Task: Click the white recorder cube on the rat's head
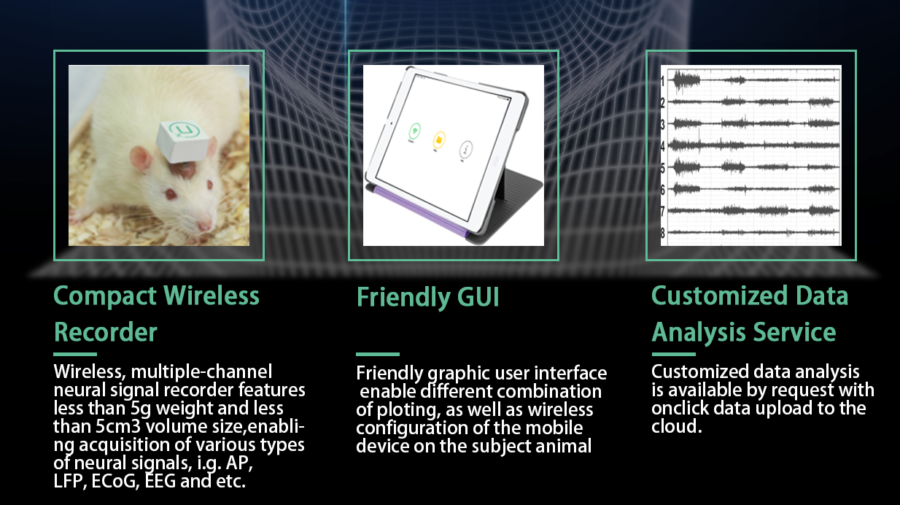(183, 141)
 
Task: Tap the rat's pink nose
(206, 225)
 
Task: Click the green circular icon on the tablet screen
(415, 131)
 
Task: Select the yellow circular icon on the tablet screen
(439, 140)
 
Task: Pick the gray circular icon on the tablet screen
(465, 149)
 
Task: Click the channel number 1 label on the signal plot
(663, 82)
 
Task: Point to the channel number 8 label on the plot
(663, 233)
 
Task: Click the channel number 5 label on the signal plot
(663, 168)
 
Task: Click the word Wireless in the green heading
(212, 296)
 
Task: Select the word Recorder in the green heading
(105, 333)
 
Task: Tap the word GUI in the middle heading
(478, 298)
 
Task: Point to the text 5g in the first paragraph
(141, 409)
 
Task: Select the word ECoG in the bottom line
(114, 481)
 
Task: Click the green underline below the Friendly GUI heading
(378, 354)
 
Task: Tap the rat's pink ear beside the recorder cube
(141, 158)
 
